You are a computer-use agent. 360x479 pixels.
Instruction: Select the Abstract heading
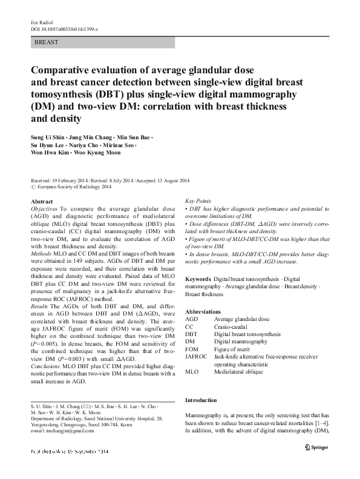tap(42, 202)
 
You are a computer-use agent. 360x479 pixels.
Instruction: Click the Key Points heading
tap(198, 200)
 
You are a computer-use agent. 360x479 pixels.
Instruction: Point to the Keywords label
tap(198, 279)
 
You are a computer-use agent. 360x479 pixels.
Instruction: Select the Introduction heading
tap(202, 400)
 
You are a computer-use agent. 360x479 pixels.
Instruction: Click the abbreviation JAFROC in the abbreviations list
tap(196, 357)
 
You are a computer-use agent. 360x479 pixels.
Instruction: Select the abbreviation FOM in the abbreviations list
tap(192, 349)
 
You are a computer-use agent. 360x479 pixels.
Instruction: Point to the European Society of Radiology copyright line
tap(71, 187)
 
